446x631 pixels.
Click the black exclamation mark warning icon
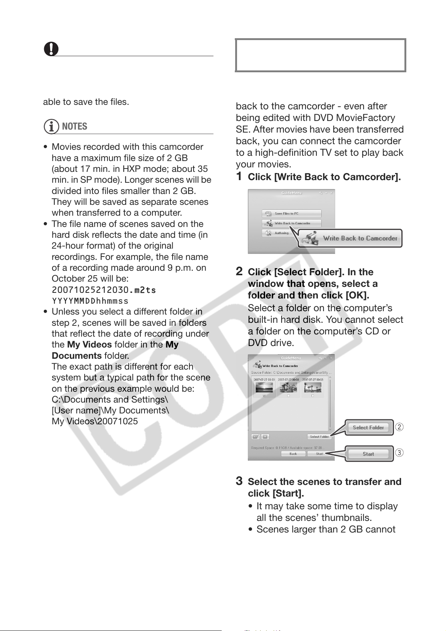pos(51,49)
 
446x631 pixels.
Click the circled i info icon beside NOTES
pos(51,127)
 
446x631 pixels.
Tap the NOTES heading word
pos(75,127)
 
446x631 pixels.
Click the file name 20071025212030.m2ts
pos(104,290)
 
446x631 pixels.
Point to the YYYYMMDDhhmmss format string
pos(90,301)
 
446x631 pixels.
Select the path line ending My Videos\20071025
pos(95,421)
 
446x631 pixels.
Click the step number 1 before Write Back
pos(239,176)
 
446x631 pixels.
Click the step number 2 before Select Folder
pos(239,271)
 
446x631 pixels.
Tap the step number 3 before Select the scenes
pos(239,481)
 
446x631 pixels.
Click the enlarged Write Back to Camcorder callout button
pos(351,239)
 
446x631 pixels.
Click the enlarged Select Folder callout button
pos(368,428)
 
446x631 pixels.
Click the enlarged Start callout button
pos(368,454)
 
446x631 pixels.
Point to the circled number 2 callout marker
pos(400,427)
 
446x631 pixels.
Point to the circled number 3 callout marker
pos(400,453)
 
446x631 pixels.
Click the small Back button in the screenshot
pos(293,454)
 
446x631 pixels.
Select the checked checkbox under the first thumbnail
pos(264,395)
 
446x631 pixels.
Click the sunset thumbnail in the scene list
pos(264,387)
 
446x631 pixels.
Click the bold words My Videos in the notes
pos(89,345)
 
